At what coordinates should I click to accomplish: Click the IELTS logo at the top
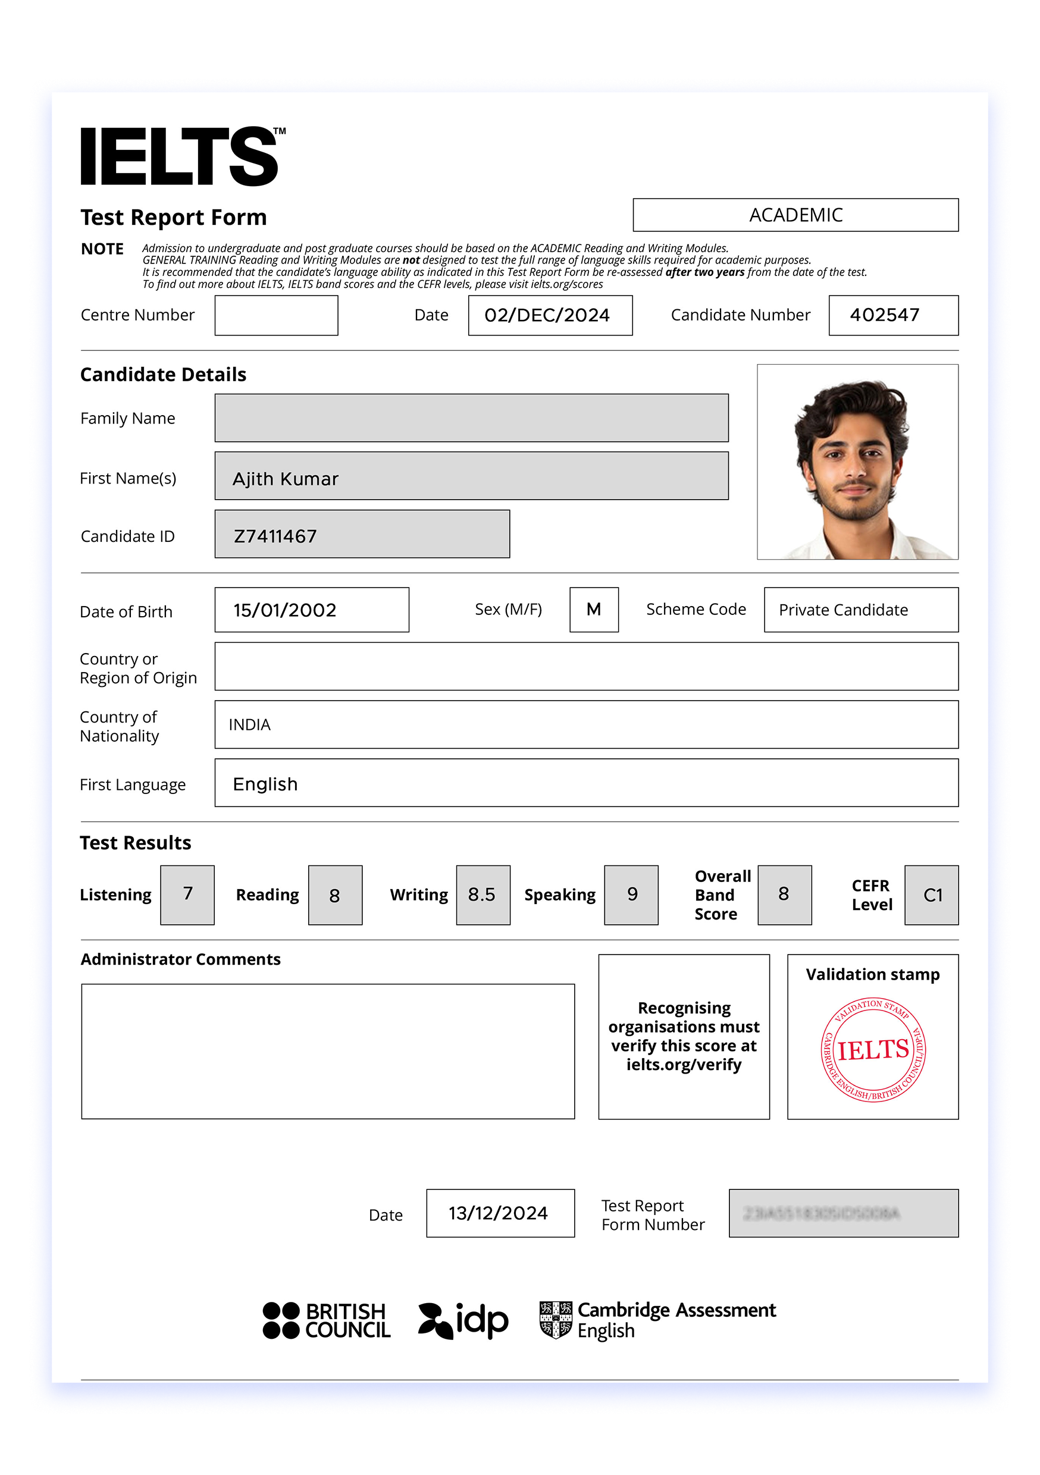pos(182,156)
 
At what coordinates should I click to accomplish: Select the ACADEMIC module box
pos(795,215)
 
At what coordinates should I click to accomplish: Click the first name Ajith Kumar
pos(286,479)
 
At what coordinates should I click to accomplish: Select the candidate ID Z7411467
pos(275,536)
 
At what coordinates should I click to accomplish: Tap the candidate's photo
pos(857,462)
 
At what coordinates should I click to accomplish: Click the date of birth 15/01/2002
pos(285,610)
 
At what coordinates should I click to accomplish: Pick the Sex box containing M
pos(593,609)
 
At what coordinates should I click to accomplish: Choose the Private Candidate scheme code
pos(843,610)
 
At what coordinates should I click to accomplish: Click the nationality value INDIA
pos(249,724)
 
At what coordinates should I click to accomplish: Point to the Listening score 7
pos(187,895)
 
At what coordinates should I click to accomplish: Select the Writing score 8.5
pos(483,895)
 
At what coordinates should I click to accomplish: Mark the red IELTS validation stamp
pos(872,1050)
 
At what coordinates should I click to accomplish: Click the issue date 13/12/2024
pos(499,1213)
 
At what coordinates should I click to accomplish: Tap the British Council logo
pos(326,1320)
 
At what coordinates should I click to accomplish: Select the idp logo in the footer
pos(463,1320)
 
